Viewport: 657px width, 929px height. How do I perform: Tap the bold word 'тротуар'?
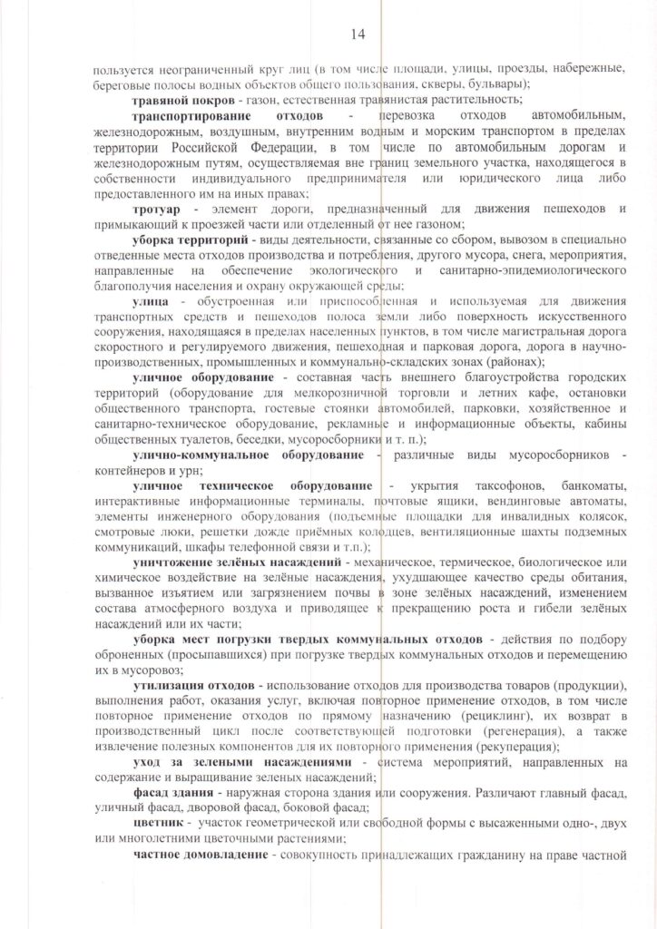(x=156, y=210)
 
